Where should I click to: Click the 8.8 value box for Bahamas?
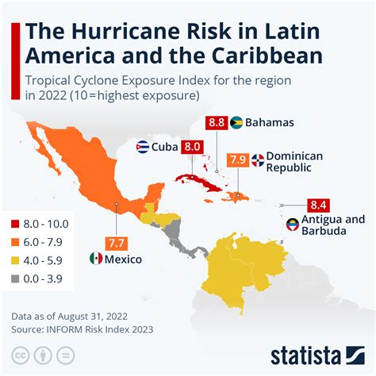click(x=217, y=123)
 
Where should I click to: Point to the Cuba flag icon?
click(x=143, y=147)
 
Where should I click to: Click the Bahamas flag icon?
click(x=236, y=123)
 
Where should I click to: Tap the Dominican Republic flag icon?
click(x=258, y=160)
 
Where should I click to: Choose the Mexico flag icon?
click(x=96, y=259)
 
